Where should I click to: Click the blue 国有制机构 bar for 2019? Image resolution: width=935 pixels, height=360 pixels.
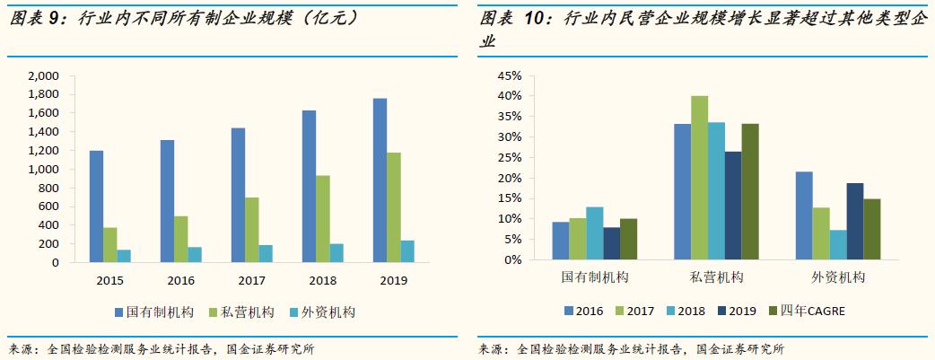coord(380,180)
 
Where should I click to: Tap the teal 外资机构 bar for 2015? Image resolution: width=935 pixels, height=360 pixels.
coord(124,256)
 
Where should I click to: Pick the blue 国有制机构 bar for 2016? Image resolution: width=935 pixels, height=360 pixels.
coord(167,201)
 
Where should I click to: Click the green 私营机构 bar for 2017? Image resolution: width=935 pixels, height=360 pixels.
coord(252,230)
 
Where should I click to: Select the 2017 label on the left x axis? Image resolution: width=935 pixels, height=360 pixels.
coord(252,280)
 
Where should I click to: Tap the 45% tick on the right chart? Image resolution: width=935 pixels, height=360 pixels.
coord(508,75)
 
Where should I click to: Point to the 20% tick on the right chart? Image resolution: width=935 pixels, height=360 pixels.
coord(508,178)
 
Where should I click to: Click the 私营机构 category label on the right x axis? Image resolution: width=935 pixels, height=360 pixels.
coord(715,278)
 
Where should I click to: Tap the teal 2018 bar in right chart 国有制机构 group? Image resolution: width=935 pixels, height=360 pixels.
coord(594,233)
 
